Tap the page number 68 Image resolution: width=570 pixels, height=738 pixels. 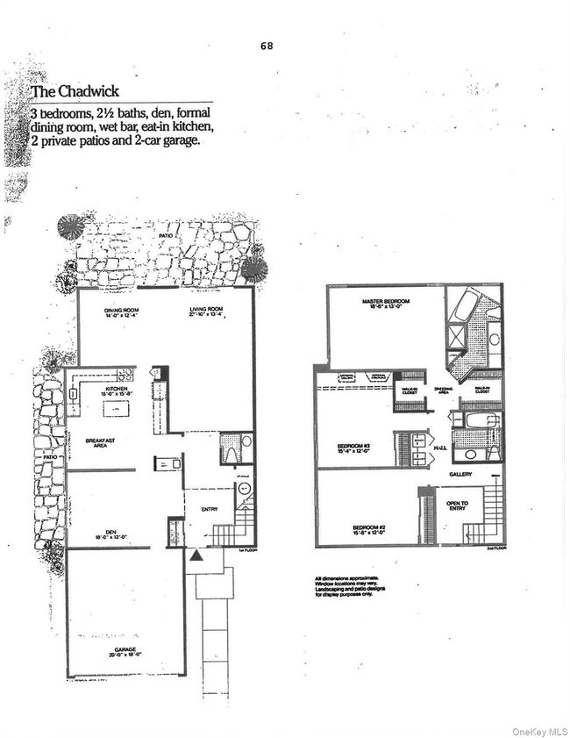point(267,46)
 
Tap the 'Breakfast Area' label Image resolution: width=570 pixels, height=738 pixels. point(102,441)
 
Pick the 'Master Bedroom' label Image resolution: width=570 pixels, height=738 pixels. point(387,302)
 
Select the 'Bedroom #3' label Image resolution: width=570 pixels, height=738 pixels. point(353,447)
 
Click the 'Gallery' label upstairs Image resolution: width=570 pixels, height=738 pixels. point(461,474)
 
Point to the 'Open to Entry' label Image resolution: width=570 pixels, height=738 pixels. point(458,504)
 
